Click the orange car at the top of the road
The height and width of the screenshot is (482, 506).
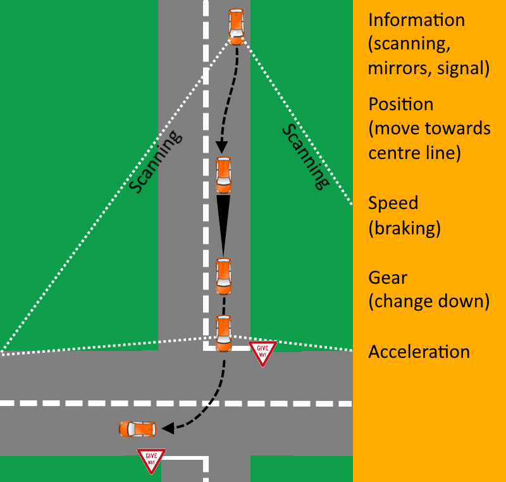235,26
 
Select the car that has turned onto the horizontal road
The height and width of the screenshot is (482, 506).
137,429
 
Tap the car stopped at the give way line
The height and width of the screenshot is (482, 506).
223,333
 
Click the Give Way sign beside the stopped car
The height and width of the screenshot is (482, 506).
262,352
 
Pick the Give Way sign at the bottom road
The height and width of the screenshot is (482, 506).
151,460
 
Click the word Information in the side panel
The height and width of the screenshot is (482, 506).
416,20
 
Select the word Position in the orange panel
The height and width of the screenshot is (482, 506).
400,105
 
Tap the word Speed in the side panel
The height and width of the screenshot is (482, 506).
393,203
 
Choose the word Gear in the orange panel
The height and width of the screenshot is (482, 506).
388,277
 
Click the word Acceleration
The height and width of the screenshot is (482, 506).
419,352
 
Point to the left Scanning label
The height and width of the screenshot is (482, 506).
156,162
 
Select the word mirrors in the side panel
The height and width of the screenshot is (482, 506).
400,68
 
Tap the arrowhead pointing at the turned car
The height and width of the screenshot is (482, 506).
167,429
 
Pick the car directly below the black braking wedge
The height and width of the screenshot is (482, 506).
223,275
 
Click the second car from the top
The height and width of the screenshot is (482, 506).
223,175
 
